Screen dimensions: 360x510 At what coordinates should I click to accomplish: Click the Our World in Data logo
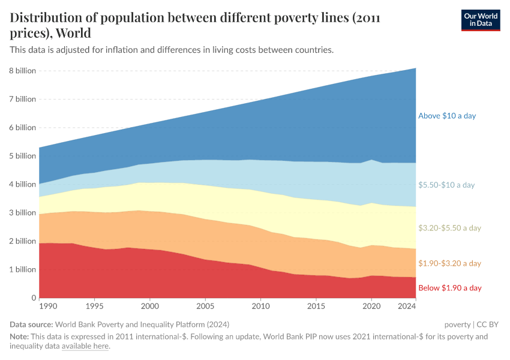tap(480, 20)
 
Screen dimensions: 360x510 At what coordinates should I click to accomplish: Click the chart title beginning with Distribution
tap(198, 25)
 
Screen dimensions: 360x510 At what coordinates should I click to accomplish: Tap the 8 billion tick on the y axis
tap(22, 71)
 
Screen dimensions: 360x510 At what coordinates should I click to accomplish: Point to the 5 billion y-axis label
tap(22, 156)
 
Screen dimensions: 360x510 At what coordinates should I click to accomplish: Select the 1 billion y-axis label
tap(22, 269)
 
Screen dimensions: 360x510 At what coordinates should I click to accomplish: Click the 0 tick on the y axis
tap(33, 298)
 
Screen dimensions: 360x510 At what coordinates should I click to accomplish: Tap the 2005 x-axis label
tap(205, 307)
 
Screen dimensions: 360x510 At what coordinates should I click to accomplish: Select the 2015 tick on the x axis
tap(316, 307)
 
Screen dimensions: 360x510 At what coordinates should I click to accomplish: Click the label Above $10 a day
tap(446, 116)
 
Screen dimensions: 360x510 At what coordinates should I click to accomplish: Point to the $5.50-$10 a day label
tap(446, 185)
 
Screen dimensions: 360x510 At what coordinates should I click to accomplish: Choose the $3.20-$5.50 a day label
tap(449, 228)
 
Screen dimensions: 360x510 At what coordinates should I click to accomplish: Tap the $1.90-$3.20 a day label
tap(449, 263)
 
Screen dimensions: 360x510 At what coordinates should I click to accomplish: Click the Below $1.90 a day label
tap(449, 288)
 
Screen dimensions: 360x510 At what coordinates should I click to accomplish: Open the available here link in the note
tap(85, 346)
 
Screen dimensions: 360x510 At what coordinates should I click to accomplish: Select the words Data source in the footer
tap(31, 325)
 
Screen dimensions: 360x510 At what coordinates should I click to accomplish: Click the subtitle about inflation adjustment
tap(171, 50)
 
